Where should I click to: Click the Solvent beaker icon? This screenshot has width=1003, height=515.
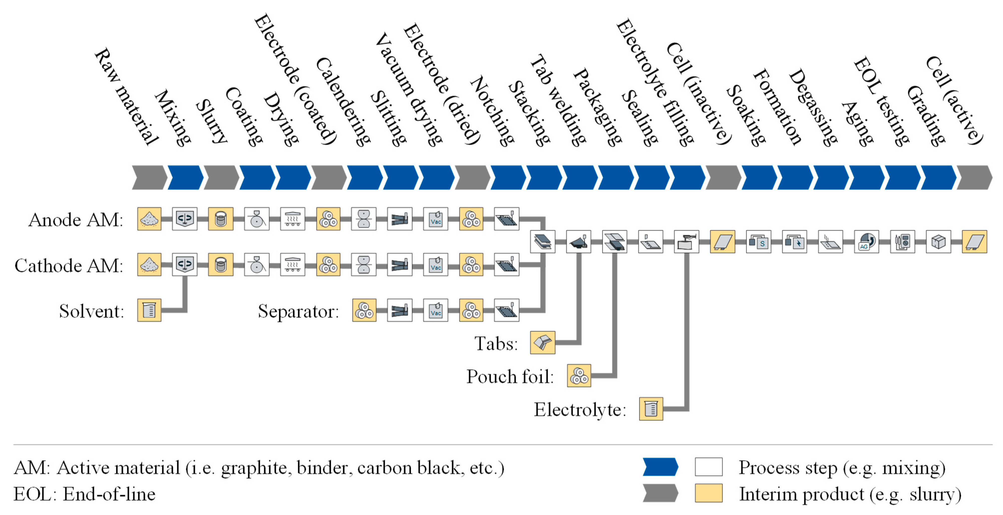pyautogui.click(x=149, y=310)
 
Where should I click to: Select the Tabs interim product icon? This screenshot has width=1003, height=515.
pyautogui.click(x=542, y=343)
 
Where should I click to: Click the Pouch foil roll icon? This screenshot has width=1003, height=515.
pyautogui.click(x=579, y=376)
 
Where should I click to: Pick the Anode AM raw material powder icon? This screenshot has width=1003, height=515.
pyautogui.click(x=149, y=219)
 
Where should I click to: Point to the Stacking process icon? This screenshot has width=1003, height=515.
pyautogui.click(x=542, y=241)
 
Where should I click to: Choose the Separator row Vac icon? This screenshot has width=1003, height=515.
pyautogui.click(x=436, y=310)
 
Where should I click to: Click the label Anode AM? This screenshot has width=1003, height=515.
pyautogui.click(x=76, y=220)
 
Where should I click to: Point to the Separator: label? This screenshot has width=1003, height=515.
pyautogui.click(x=298, y=311)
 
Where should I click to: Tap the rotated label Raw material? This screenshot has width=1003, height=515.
pyautogui.click(x=127, y=97)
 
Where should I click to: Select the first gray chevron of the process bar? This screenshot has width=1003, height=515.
pyautogui.click(x=149, y=178)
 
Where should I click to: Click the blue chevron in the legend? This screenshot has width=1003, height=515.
pyautogui.click(x=660, y=467)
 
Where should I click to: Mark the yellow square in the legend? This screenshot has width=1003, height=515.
pyautogui.click(x=709, y=493)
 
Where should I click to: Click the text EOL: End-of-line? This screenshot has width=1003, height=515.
pyautogui.click(x=84, y=494)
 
